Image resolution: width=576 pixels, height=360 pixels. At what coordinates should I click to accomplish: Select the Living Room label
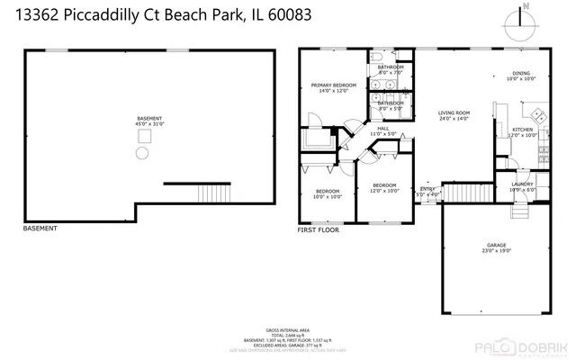(454, 114)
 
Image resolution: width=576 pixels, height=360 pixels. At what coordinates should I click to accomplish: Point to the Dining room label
(521, 76)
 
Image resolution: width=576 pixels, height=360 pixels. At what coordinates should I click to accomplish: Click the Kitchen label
(523, 133)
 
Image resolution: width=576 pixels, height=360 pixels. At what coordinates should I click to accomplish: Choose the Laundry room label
(522, 187)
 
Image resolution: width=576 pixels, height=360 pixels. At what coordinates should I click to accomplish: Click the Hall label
(382, 131)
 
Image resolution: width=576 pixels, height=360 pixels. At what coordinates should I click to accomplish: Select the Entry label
(427, 192)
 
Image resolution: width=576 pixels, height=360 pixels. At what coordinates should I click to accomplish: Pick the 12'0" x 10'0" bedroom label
(384, 188)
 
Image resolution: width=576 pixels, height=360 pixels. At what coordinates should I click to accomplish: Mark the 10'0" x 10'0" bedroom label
(327, 193)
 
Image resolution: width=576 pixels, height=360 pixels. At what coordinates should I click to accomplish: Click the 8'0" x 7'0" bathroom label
(391, 70)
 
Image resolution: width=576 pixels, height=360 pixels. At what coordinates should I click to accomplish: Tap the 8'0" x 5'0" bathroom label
(391, 105)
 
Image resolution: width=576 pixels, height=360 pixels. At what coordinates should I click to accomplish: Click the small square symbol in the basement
(142, 136)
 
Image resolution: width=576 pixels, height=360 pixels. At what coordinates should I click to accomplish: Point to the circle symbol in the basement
(141, 154)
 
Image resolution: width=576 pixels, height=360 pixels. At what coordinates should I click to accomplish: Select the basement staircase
(212, 193)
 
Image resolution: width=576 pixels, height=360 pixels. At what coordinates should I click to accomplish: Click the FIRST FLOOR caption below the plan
(318, 229)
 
